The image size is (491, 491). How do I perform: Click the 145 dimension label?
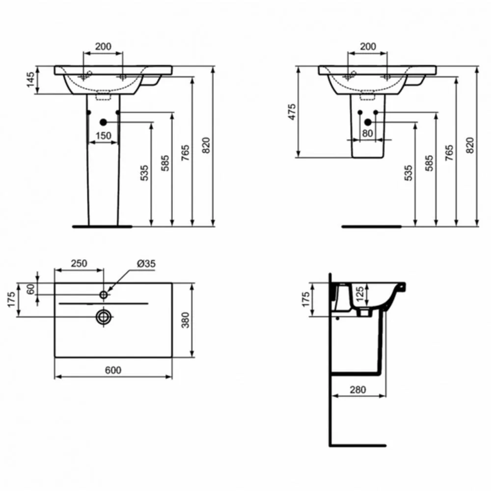coord(30,80)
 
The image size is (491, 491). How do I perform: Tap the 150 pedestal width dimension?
coord(103,136)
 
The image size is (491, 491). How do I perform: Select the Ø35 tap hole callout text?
coord(146,264)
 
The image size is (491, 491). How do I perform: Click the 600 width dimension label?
coord(113,370)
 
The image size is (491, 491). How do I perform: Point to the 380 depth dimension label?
coord(186,320)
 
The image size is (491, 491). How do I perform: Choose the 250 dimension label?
coord(79,263)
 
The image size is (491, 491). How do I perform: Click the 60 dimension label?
coord(30,289)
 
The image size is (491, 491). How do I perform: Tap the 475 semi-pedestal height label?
coord(292,112)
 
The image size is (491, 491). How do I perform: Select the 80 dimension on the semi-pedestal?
coord(367,134)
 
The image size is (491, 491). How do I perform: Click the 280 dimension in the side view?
coord(357,389)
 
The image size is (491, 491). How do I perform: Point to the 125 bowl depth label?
coord(360,294)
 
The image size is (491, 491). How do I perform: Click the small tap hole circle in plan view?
coord(103,295)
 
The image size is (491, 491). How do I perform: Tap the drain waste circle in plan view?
coord(103,317)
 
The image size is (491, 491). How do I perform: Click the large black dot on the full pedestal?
coord(103,122)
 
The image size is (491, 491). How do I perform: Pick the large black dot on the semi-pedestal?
coord(368,122)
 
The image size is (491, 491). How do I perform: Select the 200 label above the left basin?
coord(103,46)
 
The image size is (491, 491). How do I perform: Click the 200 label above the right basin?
coord(368,46)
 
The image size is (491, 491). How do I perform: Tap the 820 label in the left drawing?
coord(206,145)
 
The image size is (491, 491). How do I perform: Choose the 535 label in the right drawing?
coord(409,173)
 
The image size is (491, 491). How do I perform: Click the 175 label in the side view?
coord(305,300)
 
